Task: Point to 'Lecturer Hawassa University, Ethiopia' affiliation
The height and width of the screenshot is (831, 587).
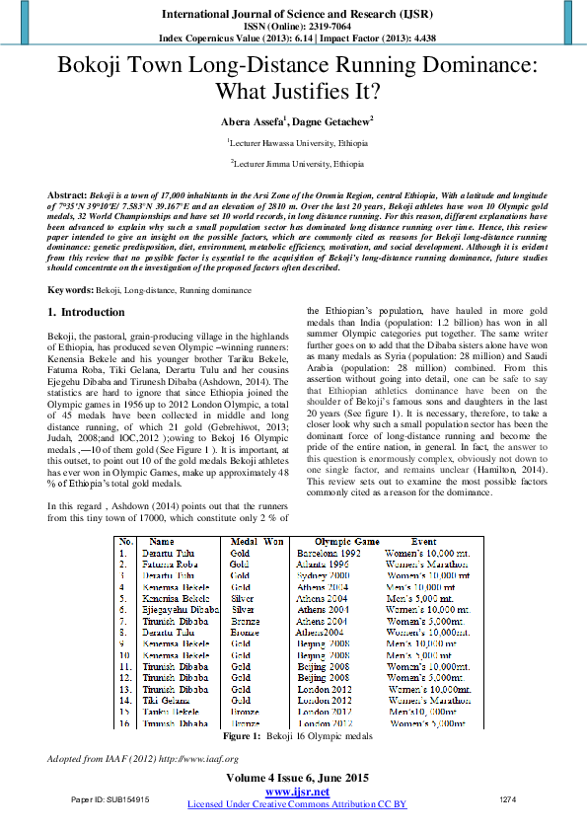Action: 295,142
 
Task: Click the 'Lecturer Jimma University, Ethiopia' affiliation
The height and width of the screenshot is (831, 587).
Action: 295,163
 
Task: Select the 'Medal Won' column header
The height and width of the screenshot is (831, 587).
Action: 257,542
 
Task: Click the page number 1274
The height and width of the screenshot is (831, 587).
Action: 508,797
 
